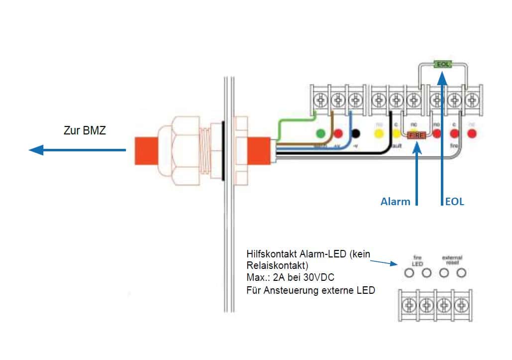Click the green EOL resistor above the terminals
click(x=441, y=64)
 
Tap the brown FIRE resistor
click(x=415, y=134)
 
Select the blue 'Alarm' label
click(x=396, y=202)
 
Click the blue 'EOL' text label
click(x=454, y=202)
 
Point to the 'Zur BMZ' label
click(x=85, y=131)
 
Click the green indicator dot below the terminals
click(x=321, y=133)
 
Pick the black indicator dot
click(x=356, y=133)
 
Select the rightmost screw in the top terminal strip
click(x=472, y=100)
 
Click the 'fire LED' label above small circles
click(x=417, y=260)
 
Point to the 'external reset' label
click(x=452, y=260)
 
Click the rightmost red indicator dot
click(x=472, y=133)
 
